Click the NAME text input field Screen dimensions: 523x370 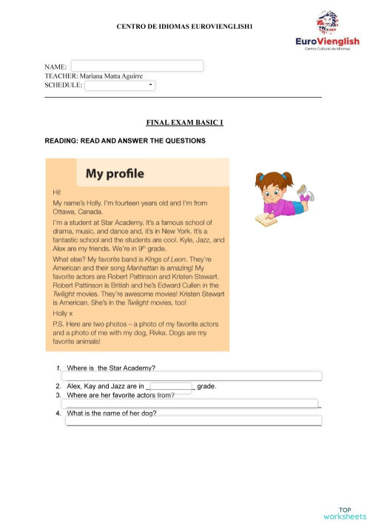tap(137, 66)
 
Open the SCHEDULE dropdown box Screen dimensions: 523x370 tap(120, 85)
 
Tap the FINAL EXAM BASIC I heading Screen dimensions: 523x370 tap(186, 121)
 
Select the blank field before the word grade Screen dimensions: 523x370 tap(171, 386)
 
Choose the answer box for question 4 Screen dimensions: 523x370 tap(194, 421)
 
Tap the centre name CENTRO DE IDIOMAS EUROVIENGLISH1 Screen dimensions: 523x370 tap(185, 27)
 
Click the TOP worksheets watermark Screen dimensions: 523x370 tap(344, 513)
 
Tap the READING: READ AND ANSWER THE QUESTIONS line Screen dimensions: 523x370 tap(125, 141)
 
